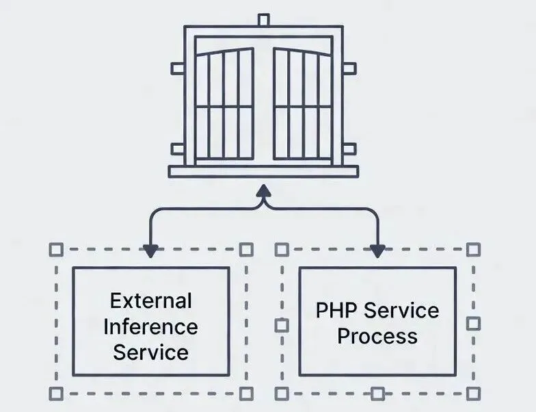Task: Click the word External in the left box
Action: [x=151, y=300]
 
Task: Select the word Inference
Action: [x=151, y=326]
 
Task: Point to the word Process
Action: [x=377, y=336]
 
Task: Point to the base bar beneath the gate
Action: [x=264, y=172]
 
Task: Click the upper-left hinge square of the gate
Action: [x=177, y=68]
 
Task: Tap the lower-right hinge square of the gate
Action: [x=349, y=149]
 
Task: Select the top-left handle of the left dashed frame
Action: [x=57, y=249]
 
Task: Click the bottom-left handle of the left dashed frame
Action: [x=57, y=394]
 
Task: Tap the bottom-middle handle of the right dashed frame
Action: [x=377, y=394]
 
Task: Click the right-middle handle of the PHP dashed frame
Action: [x=472, y=323]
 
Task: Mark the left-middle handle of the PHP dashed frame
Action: [x=282, y=326]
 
